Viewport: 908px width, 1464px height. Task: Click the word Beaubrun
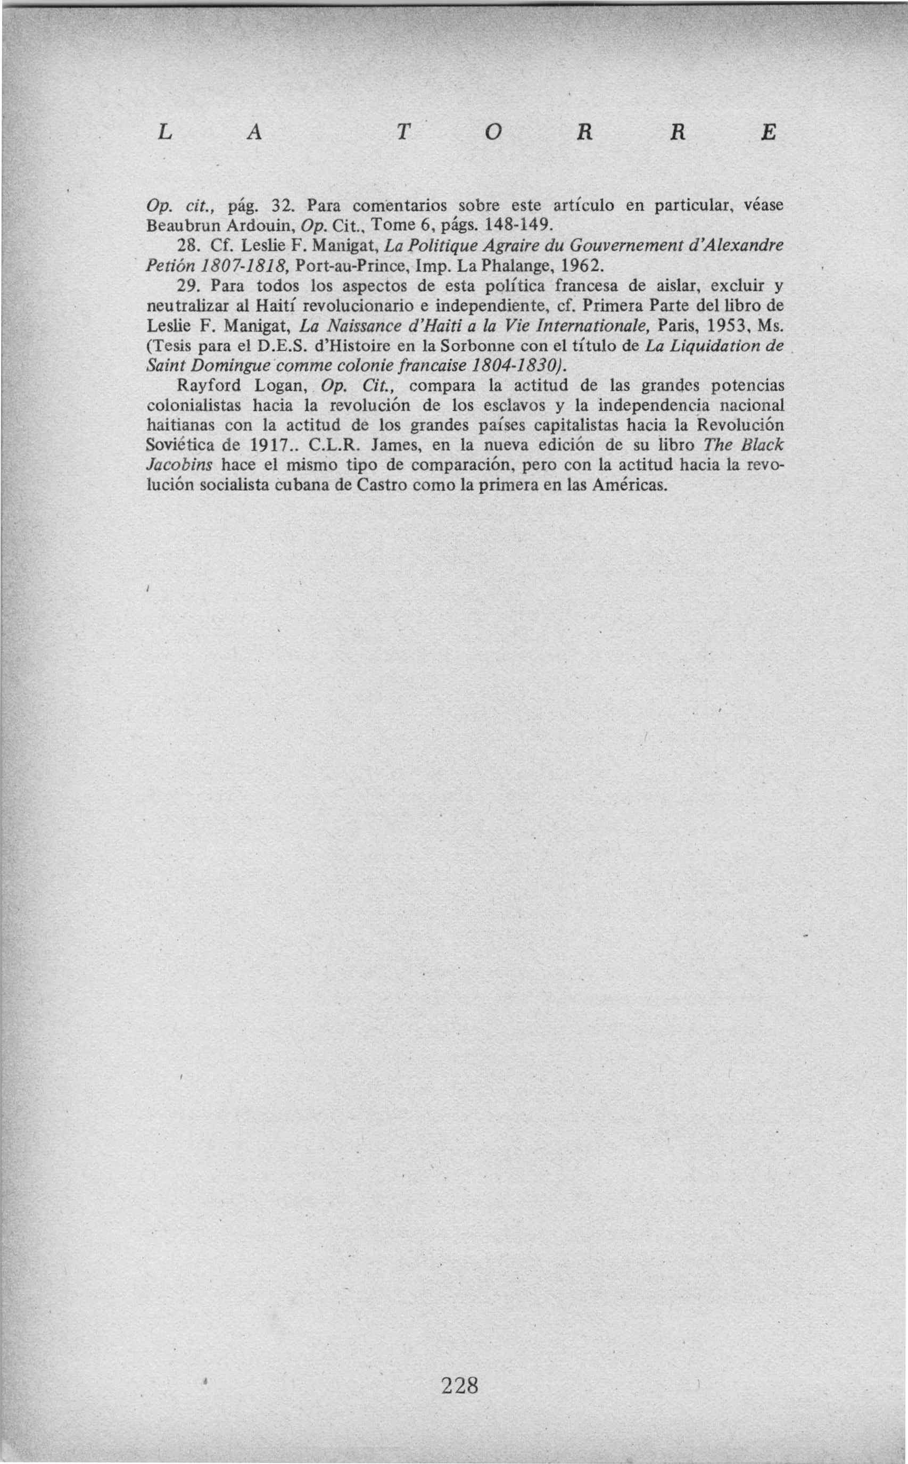point(178,225)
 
